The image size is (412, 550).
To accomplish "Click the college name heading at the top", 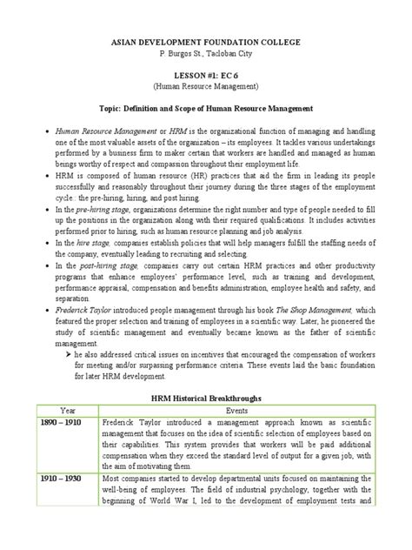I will click(205, 42).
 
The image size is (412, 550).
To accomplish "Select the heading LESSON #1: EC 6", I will click(205, 77).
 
